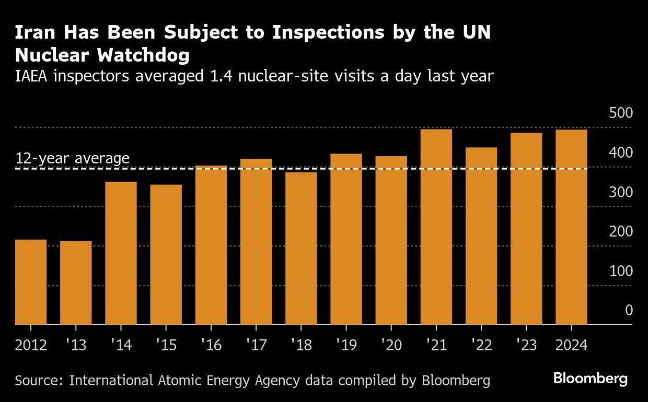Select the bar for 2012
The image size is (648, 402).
pyautogui.click(x=31, y=282)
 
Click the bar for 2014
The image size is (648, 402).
pyautogui.click(x=121, y=253)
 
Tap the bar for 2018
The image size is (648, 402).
pyautogui.click(x=301, y=249)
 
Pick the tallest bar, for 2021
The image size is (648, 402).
pyautogui.click(x=436, y=227)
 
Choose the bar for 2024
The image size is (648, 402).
pyautogui.click(x=571, y=227)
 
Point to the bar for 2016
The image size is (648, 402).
pyautogui.click(x=211, y=245)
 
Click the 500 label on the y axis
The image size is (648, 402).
pyautogui.click(x=621, y=113)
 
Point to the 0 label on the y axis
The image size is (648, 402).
pyautogui.click(x=629, y=311)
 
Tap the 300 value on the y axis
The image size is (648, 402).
pyautogui.click(x=621, y=192)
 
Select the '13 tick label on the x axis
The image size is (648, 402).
pyautogui.click(x=76, y=346)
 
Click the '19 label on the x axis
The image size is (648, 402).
pyautogui.click(x=346, y=346)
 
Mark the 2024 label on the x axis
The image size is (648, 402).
pyautogui.click(x=571, y=346)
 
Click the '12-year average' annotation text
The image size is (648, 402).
pyautogui.click(x=72, y=158)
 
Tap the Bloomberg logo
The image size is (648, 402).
pyautogui.click(x=591, y=379)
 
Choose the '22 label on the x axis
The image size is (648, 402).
pyautogui.click(x=481, y=346)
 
